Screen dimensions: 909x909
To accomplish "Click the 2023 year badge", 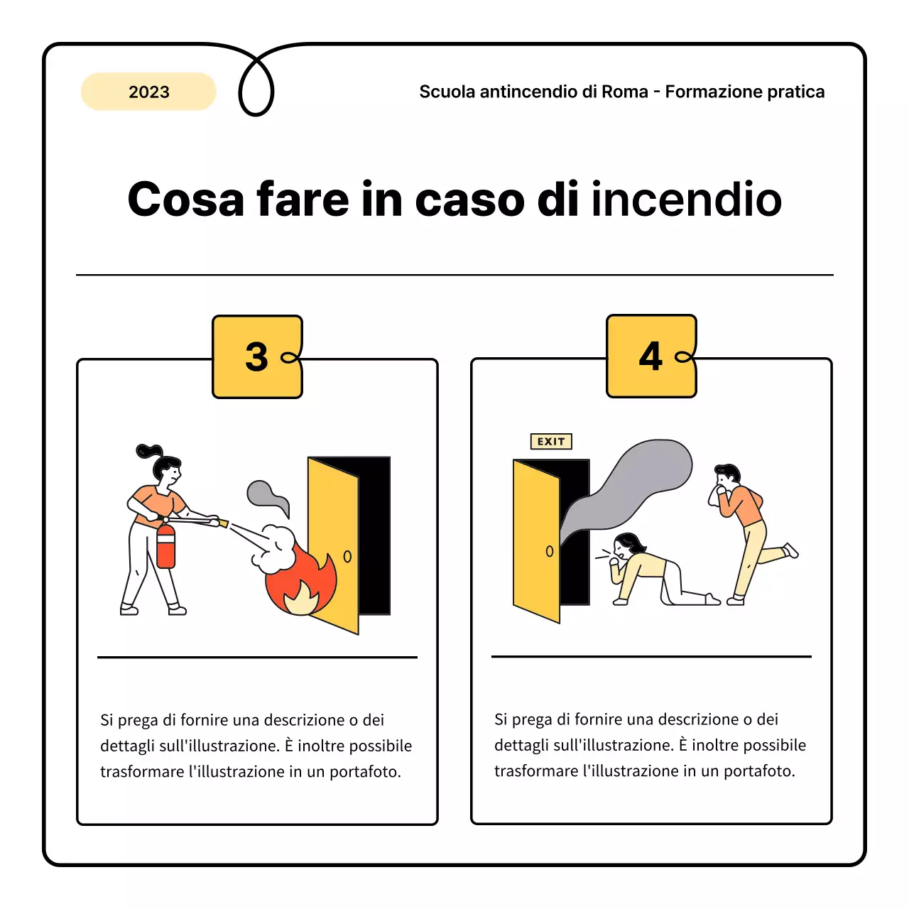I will click(x=148, y=92).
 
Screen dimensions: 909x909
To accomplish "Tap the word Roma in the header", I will click(x=624, y=92).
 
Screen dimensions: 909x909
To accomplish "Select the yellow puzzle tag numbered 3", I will click(x=257, y=356).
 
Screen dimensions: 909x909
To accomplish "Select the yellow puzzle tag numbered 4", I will click(x=651, y=356).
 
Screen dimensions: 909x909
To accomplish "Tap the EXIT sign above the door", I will click(x=551, y=442).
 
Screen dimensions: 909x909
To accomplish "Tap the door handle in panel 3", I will click(x=347, y=557).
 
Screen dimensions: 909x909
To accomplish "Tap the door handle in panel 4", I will click(x=549, y=551).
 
